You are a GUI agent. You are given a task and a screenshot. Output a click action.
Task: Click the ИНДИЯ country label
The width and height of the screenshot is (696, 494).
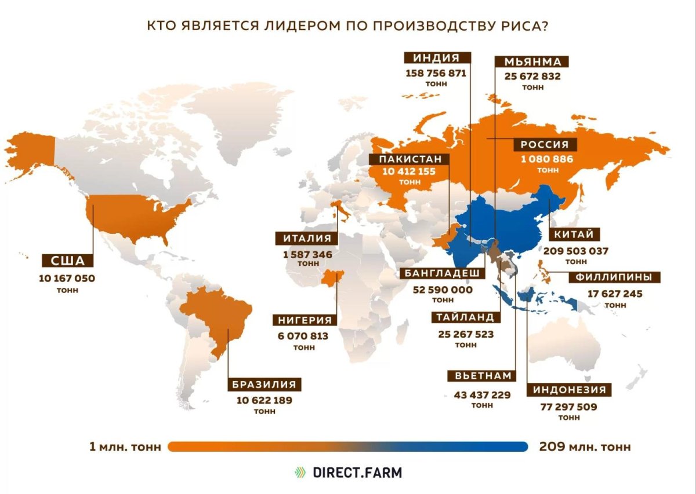(437, 58)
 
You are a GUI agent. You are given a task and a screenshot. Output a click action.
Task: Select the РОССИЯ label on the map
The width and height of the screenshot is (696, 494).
(545, 145)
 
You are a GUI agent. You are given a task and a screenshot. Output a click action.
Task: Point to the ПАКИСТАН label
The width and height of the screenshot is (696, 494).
(411, 159)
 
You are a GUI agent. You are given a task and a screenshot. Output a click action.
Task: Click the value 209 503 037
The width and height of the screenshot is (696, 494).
(576, 251)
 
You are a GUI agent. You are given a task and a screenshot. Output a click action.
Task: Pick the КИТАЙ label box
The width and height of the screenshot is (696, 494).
(574, 235)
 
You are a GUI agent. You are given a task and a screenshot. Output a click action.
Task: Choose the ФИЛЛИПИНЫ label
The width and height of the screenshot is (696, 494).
(618, 277)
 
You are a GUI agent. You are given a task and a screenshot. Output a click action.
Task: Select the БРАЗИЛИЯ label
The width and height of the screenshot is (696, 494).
(264, 384)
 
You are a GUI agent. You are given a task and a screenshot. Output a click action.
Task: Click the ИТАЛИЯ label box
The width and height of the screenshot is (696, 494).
(307, 238)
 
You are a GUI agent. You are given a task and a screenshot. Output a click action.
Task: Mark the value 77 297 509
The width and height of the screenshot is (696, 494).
(568, 407)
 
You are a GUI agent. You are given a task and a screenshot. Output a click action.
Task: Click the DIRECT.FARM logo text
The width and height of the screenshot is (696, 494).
(357, 472)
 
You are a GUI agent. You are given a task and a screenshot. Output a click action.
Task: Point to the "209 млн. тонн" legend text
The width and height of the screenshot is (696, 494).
(585, 447)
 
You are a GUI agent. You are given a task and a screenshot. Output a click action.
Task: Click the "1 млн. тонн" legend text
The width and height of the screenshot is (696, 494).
(125, 447)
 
